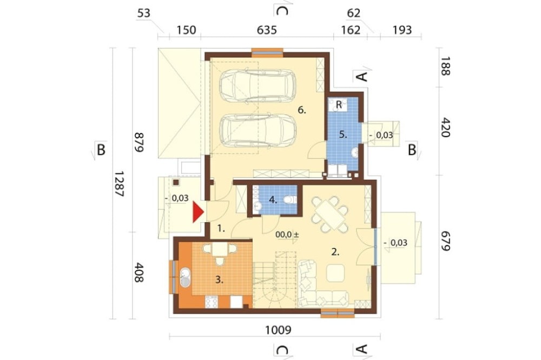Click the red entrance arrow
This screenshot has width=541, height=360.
tap(197, 212)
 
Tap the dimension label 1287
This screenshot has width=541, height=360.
tap(118, 184)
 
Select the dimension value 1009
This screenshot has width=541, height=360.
tap(278, 330)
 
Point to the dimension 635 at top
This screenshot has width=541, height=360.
tap(267, 30)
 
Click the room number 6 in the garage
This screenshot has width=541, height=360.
tap(302, 110)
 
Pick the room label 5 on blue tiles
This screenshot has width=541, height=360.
tap(342, 135)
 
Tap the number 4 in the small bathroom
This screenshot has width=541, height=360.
tap(273, 199)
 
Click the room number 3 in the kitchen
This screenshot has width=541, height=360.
tap(219, 280)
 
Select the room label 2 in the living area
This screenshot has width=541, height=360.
tap(335, 252)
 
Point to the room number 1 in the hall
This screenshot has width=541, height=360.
tap(221, 228)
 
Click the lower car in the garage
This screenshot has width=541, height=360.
tap(258, 131)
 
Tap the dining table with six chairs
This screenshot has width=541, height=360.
tap(329, 214)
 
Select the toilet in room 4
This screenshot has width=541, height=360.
tap(291, 199)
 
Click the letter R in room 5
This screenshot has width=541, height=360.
tap(339, 105)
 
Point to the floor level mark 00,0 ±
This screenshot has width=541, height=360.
tap(287, 235)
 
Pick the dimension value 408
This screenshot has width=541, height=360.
tap(138, 272)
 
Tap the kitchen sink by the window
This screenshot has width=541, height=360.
tap(185, 277)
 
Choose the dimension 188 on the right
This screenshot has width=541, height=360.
tap(445, 66)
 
